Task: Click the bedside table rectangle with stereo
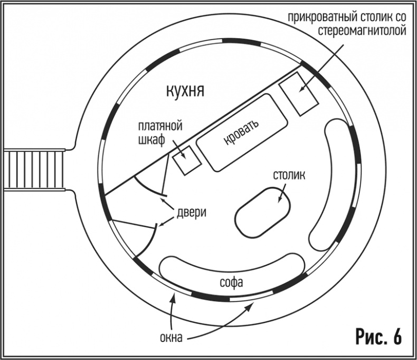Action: click(299, 94)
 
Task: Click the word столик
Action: click(289, 175)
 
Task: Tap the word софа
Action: click(231, 282)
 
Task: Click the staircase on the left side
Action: click(34, 169)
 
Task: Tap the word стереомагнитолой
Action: click(363, 31)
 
